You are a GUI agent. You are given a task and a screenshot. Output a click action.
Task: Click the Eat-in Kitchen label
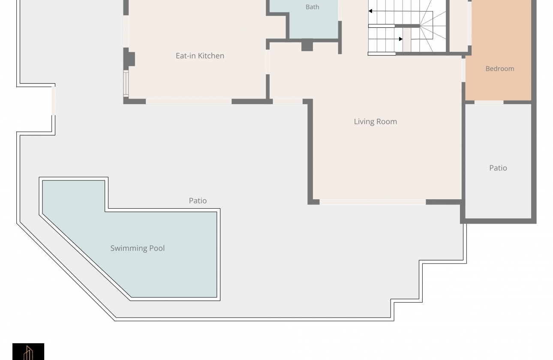[200, 56]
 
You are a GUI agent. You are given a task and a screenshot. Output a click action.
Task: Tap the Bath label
[313, 7]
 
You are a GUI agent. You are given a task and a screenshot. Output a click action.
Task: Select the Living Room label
[376, 122]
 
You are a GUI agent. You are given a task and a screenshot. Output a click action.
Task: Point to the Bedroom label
[500, 69]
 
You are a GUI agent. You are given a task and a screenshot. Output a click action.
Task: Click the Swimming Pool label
[138, 248]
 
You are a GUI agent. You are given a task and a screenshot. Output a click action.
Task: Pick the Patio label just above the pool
[198, 201]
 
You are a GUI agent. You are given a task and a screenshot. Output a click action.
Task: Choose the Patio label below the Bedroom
[498, 168]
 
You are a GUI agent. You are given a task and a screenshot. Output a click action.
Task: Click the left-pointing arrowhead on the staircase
[370, 11]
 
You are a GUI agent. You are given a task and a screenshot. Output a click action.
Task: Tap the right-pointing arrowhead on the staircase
[401, 39]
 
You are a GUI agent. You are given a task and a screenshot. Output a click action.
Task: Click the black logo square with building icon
[28, 351]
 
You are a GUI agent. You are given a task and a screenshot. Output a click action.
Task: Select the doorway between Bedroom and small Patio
[489, 102]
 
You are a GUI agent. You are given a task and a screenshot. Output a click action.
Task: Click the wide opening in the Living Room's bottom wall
[373, 202]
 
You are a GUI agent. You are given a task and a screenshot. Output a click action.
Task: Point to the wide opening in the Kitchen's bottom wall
[189, 102]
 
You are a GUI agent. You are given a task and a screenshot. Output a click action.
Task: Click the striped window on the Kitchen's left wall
[126, 84]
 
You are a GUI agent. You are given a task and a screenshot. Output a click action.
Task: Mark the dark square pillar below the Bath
[307, 45]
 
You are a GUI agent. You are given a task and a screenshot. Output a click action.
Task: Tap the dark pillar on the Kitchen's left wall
[129, 59]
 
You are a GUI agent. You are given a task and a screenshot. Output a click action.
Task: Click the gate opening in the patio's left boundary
[53, 101]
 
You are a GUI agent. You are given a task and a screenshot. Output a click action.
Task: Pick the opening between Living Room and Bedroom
[464, 70]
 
